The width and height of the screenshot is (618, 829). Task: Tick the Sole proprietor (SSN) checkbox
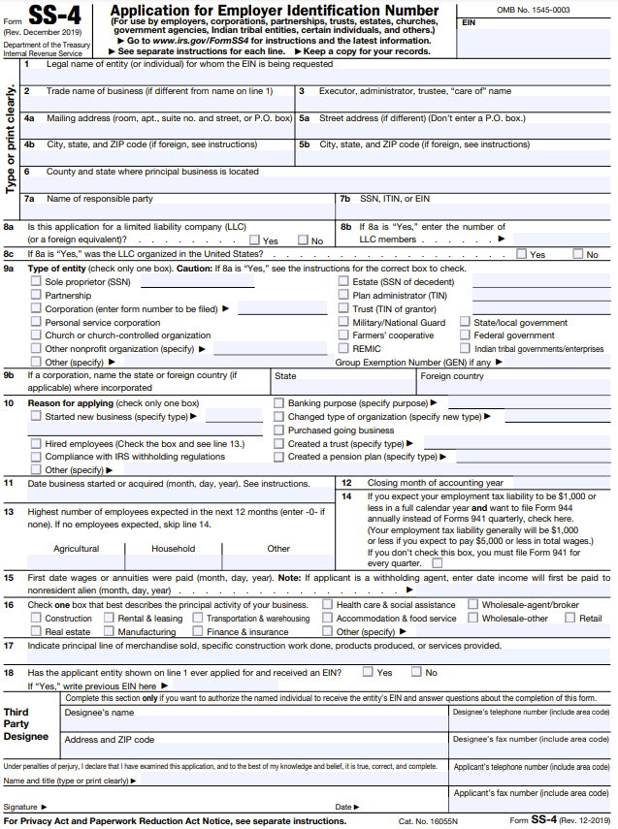36,282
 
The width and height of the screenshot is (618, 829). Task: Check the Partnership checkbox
36,296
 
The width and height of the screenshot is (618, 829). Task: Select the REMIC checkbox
343,349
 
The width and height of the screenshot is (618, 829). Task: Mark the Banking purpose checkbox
279,403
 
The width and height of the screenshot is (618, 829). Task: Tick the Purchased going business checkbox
279,430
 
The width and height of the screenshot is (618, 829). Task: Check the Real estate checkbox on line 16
36,631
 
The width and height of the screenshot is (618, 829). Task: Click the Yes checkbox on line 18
367,672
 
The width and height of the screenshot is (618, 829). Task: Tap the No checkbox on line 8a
302,240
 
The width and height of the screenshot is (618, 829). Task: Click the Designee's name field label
99,713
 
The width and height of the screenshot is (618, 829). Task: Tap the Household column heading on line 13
173,548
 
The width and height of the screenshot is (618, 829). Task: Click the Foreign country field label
451,376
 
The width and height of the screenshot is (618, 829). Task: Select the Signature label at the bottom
20,807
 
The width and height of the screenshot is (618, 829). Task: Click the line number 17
9,645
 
